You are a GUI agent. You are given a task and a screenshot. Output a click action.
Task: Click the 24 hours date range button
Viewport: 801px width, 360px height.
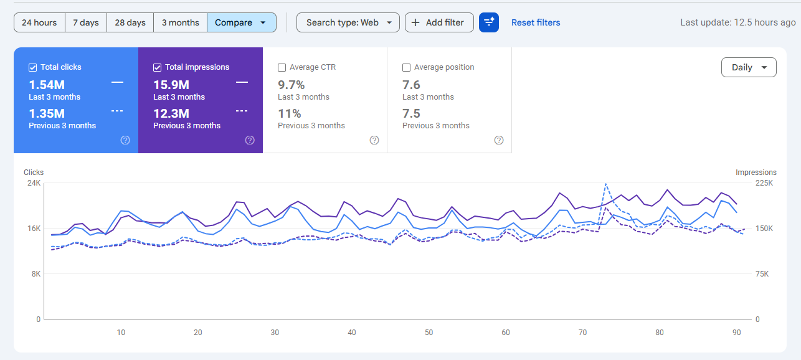coord(39,22)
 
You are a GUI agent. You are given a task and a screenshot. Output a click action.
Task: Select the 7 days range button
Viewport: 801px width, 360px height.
coord(86,22)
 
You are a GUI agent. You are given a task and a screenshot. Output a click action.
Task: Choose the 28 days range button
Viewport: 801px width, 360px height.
coord(130,22)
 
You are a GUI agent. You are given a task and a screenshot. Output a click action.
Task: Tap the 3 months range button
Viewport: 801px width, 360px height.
coord(181,22)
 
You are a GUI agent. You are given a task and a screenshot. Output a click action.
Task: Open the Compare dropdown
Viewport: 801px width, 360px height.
coord(242,22)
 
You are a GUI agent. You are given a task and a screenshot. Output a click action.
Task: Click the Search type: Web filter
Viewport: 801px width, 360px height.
coord(348,22)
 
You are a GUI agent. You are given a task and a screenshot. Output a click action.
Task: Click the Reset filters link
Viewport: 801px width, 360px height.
coord(536,22)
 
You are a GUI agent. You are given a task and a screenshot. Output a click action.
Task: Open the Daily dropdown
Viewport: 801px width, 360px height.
coord(749,67)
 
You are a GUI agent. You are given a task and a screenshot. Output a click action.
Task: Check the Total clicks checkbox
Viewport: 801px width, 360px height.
coord(33,67)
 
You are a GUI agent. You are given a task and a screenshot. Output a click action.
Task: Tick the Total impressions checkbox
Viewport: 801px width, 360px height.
coord(158,67)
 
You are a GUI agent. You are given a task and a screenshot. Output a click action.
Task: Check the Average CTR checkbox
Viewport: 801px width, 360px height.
coord(282,67)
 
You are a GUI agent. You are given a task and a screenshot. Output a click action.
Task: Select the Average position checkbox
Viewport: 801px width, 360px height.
coord(407,67)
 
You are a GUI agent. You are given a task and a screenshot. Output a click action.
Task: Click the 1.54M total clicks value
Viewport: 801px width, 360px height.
coord(47,85)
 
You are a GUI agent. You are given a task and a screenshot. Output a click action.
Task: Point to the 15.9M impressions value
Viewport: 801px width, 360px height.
coord(171,85)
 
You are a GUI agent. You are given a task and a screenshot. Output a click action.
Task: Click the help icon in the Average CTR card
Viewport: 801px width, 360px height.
coord(374,140)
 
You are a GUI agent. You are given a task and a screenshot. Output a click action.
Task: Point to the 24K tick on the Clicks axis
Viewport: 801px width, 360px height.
coord(33,183)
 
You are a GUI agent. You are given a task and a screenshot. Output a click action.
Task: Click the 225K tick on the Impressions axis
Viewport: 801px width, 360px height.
coord(764,183)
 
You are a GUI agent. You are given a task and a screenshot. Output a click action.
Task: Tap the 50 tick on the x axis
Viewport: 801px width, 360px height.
coord(429,333)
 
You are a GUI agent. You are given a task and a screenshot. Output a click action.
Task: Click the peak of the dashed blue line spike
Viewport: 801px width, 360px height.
coord(605,184)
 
